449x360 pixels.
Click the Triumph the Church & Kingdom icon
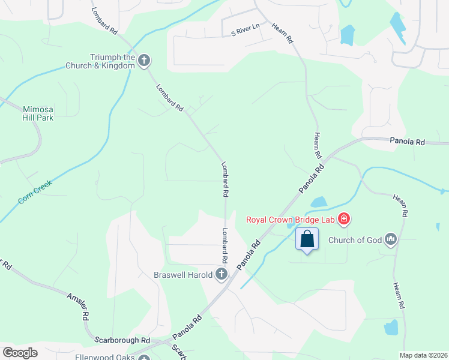[143, 61]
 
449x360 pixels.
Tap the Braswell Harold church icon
[221, 275]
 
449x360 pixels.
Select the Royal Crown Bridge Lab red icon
[344, 219]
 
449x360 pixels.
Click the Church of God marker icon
[391, 240]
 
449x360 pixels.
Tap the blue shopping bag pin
[307, 239]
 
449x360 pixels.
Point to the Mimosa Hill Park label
[38, 113]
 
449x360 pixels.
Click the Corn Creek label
[35, 191]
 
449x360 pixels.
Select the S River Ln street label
[246, 28]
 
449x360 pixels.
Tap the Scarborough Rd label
[122, 340]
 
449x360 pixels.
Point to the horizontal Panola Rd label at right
[407, 142]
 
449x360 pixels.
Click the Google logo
[20, 352]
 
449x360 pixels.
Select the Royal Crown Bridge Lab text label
[291, 219]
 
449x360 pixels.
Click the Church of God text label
[355, 241]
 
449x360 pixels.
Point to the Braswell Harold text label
[182, 275]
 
